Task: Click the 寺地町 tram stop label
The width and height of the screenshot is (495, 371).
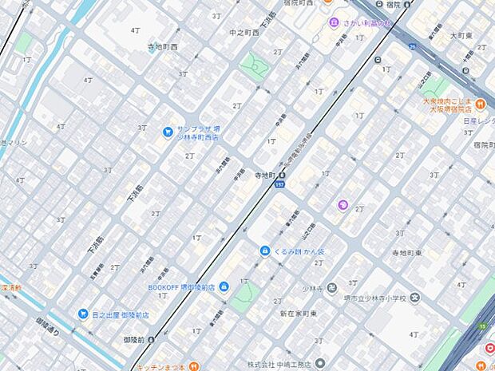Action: pos(264,176)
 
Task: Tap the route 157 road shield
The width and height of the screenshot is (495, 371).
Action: pos(279,184)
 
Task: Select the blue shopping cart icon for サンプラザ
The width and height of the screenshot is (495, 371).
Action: pos(168,132)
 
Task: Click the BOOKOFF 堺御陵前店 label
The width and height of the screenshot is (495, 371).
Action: pos(182,287)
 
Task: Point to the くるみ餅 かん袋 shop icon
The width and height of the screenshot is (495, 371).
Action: pos(264,251)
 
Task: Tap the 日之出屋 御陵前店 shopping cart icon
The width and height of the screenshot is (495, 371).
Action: pos(82,314)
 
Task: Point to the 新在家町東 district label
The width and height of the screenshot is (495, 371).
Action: pos(299,314)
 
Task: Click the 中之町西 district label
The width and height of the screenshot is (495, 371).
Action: pos(244,33)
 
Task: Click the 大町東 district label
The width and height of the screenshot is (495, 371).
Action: pos(462,36)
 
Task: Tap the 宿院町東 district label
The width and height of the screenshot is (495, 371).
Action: pos(477,146)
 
